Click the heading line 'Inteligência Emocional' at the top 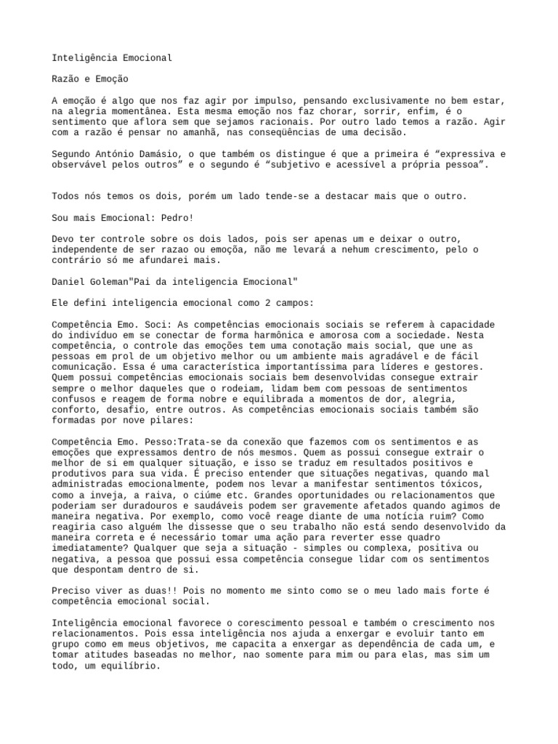(113, 58)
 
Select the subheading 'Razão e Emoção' (91, 79)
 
